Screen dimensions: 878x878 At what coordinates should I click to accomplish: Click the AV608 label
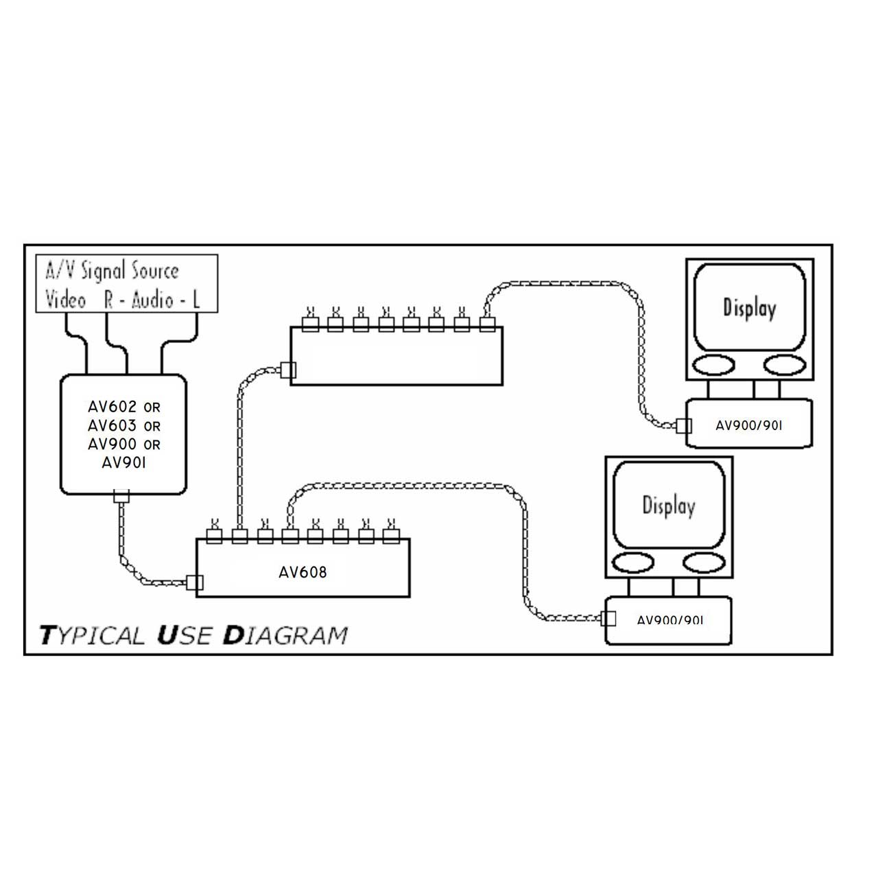[x=302, y=572]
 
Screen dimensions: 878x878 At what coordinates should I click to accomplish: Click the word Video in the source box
[x=66, y=300]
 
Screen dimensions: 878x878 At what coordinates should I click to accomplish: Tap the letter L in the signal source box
[x=195, y=300]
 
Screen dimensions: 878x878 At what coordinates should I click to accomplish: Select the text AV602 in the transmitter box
[x=112, y=407]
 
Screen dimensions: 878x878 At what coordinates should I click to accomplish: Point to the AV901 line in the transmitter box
[x=123, y=463]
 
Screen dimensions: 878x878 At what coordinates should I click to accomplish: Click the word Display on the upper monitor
[x=749, y=308]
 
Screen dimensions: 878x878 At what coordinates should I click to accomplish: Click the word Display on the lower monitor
[x=668, y=506]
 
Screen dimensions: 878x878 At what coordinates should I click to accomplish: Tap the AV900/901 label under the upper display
[x=748, y=425]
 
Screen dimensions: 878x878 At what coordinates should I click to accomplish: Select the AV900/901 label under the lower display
[x=670, y=620]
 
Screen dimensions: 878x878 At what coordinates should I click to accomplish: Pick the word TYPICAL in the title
[x=93, y=635]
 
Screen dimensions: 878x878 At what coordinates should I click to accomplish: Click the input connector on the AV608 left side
[x=195, y=583]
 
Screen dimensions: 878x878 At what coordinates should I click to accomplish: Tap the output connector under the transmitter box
[x=121, y=495]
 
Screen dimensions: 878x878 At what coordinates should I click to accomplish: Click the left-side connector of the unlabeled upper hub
[x=289, y=370]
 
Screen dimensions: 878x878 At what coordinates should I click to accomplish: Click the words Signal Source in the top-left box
[x=130, y=272]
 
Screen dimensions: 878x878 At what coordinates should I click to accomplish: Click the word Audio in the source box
[x=152, y=300]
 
